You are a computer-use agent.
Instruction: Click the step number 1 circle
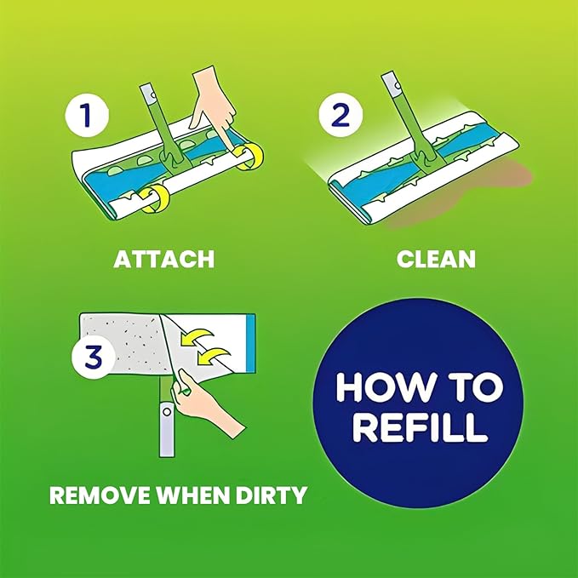[x=87, y=116]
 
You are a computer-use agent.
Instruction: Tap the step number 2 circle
[x=341, y=116]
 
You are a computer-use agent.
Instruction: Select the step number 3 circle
[x=94, y=357]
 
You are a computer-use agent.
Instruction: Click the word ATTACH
[x=164, y=259]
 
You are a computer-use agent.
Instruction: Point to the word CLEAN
[x=436, y=259]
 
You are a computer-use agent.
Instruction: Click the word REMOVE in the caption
[x=100, y=495]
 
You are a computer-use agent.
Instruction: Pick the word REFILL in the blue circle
[x=421, y=426]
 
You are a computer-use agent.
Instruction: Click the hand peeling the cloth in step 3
[x=206, y=402]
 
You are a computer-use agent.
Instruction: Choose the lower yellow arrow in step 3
[x=213, y=357]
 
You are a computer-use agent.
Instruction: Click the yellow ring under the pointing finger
[x=249, y=157]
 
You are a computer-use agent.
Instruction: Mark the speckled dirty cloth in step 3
[x=122, y=341]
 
